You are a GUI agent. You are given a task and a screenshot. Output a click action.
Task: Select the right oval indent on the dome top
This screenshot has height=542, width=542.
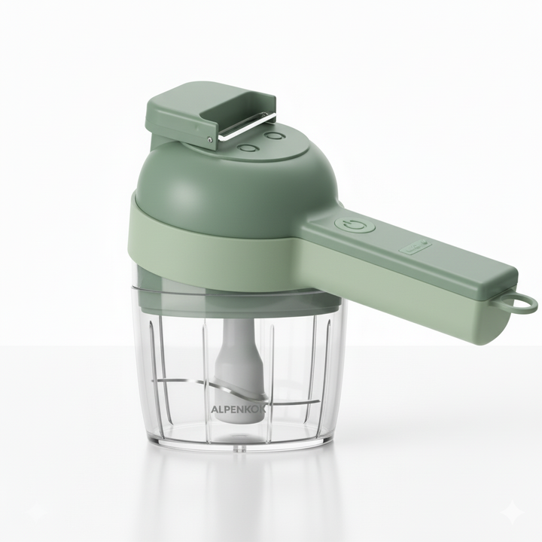[x=276, y=136]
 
